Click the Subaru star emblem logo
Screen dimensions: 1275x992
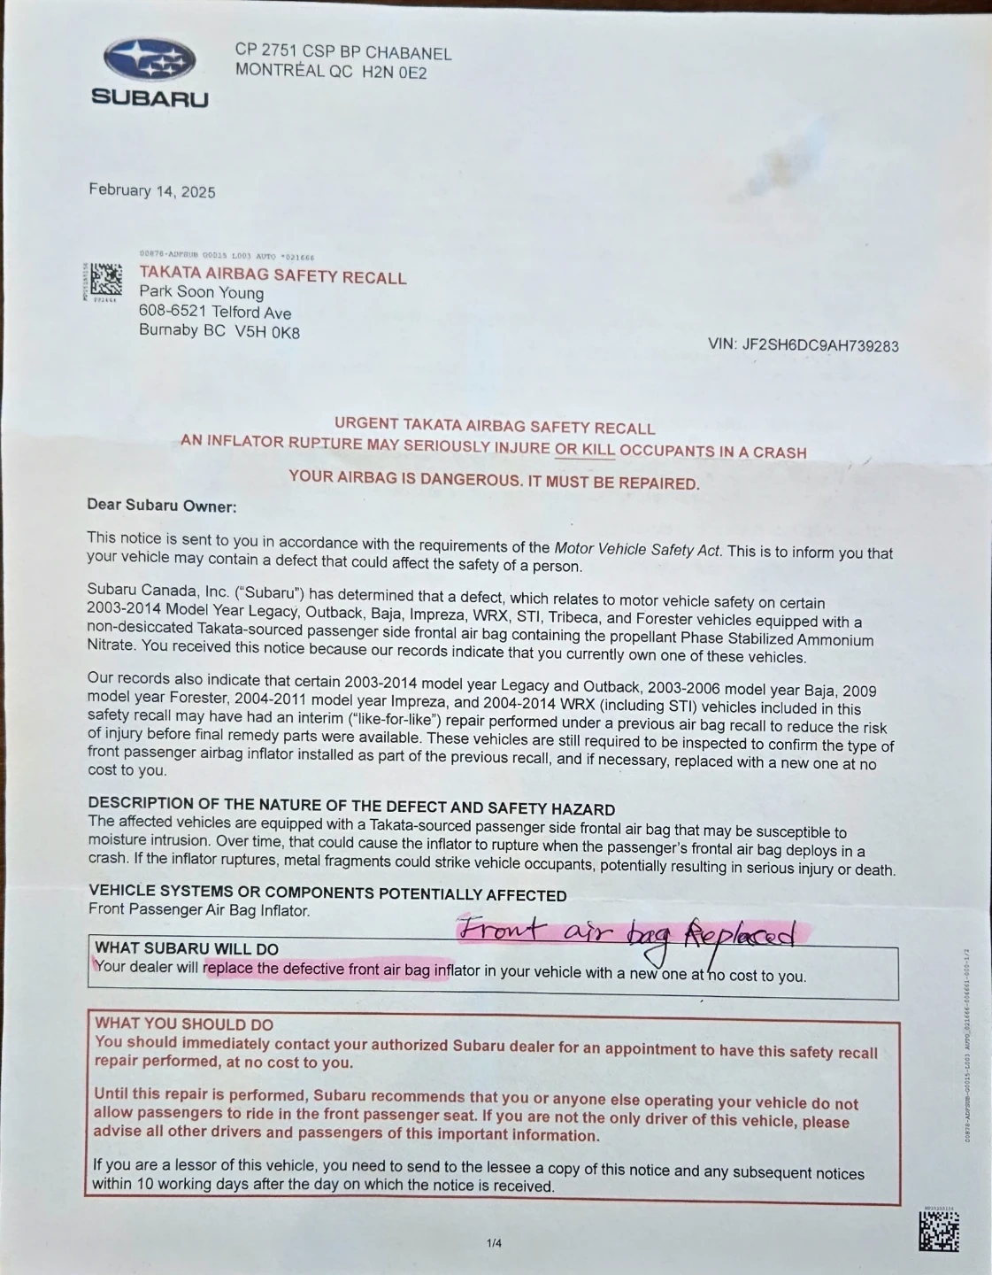coord(150,60)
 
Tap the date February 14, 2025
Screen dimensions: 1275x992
coord(151,190)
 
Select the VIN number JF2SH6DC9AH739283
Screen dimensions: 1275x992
coord(820,345)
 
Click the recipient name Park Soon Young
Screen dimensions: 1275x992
coord(201,292)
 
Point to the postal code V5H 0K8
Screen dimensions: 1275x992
coord(267,332)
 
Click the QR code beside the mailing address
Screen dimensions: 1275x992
coord(105,280)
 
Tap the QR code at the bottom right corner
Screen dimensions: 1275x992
coord(938,1231)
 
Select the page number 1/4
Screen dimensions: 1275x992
coord(494,1243)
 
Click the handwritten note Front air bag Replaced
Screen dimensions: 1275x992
coord(625,932)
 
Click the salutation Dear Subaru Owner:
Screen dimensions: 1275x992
coord(161,506)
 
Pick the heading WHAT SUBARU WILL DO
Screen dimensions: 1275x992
coord(186,948)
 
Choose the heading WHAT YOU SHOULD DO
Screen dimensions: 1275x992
coord(184,1024)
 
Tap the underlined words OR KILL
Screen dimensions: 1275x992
coord(584,449)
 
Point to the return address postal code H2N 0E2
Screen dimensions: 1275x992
coord(394,73)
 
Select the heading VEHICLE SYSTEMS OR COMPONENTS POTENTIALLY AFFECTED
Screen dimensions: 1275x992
coord(327,892)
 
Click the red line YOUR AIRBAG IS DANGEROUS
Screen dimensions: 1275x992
coord(494,480)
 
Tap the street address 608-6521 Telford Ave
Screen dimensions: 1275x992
coord(214,312)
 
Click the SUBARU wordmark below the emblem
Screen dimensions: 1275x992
coord(150,98)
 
